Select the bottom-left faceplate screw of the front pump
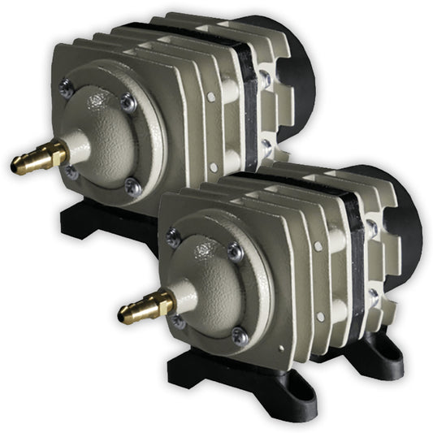pyautogui.click(x=179, y=322)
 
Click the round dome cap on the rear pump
pyautogui.click(x=102, y=134)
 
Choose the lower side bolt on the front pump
pyautogui.click(x=373, y=297)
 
